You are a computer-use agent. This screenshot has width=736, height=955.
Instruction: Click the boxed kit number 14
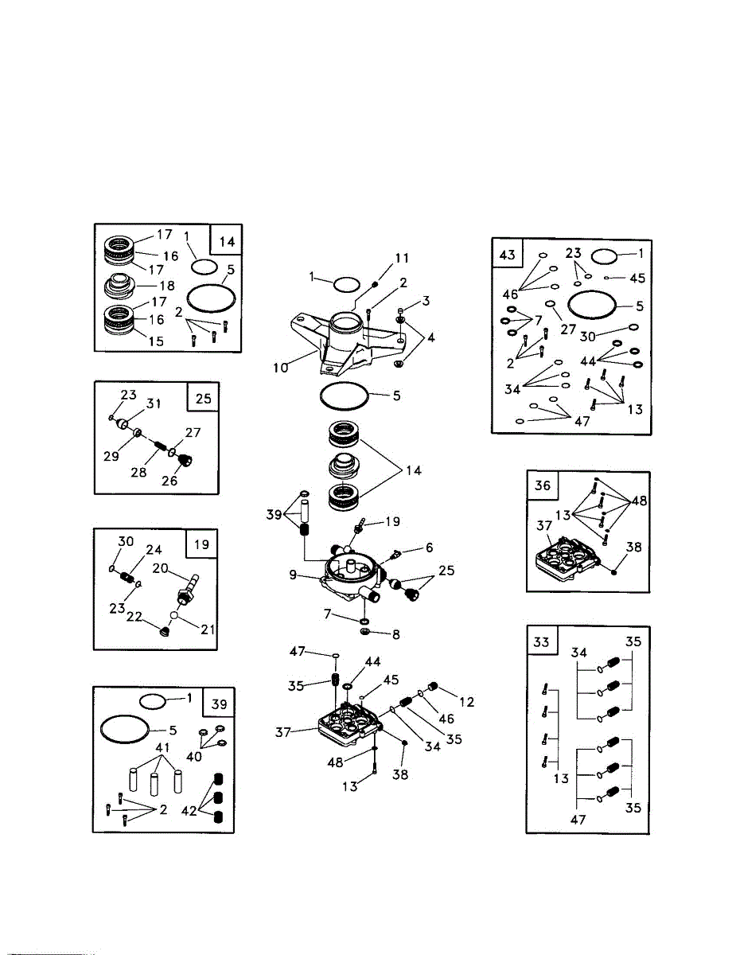(225, 240)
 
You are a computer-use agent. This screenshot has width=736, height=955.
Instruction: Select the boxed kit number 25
(203, 399)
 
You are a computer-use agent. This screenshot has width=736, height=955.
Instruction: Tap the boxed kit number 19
(201, 544)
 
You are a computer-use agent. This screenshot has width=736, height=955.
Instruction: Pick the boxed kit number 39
(219, 703)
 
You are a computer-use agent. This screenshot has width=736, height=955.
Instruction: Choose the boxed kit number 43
(507, 255)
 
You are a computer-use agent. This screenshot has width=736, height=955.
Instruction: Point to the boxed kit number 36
(542, 486)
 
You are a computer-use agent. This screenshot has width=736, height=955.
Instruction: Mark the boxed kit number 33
(541, 642)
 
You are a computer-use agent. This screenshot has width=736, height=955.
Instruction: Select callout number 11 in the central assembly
(403, 258)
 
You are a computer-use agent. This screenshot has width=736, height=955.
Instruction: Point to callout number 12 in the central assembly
(466, 701)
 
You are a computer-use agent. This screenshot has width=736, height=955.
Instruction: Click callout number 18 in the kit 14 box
(168, 285)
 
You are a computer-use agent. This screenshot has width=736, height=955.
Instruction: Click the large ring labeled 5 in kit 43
(590, 305)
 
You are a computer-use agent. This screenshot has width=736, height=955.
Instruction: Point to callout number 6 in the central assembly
(429, 548)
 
